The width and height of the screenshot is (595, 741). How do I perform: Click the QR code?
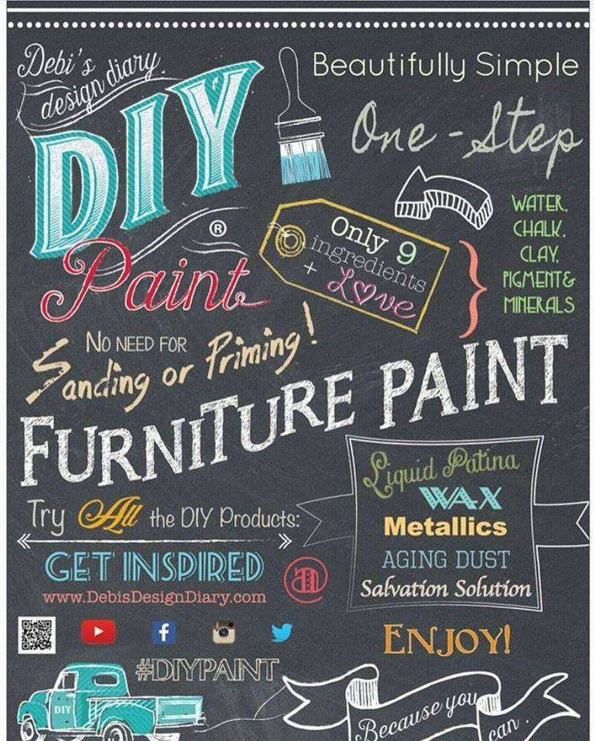click(37, 635)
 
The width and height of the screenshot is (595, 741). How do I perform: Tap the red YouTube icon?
click(98, 632)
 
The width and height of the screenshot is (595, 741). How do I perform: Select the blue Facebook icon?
click(164, 632)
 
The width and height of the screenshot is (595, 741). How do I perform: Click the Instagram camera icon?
click(224, 632)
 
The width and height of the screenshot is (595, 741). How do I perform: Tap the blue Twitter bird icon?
click(282, 633)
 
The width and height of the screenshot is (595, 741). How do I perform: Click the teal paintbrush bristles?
click(305, 167)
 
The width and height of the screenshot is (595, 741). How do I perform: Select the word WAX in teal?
click(460, 498)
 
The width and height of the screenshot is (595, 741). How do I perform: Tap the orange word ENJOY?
click(447, 639)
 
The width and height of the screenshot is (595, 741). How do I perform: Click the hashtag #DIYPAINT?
click(207, 670)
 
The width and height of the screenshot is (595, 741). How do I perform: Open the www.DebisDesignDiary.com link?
click(154, 597)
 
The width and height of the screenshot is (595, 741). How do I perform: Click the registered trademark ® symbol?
click(218, 230)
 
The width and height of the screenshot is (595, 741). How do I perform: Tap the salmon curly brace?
click(472, 289)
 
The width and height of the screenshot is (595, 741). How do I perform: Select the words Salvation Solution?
click(445, 588)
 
